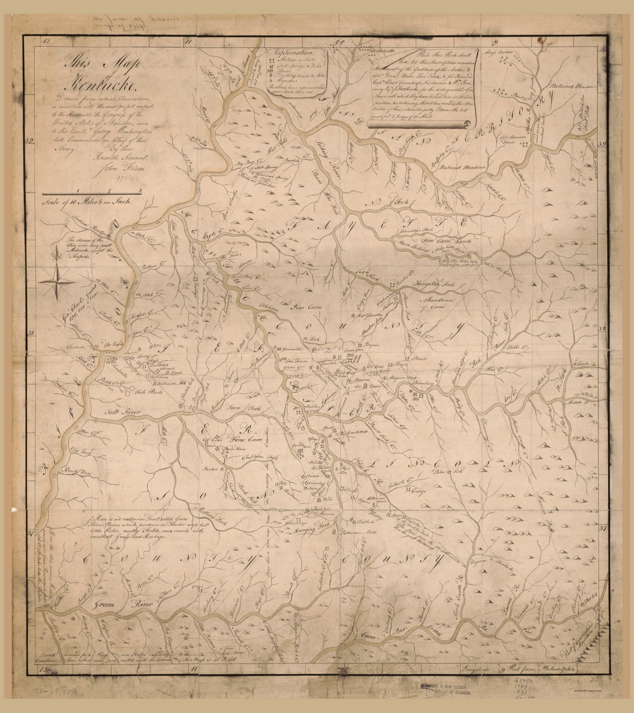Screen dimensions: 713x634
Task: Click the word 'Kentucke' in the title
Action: pyautogui.click(x=104, y=82)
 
